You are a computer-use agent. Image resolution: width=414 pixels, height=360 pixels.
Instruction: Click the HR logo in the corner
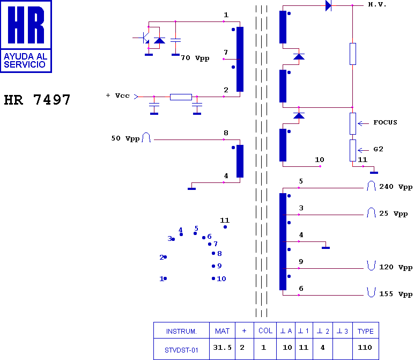pos(26,36)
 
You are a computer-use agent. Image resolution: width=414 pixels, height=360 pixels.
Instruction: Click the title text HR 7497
pos(37,100)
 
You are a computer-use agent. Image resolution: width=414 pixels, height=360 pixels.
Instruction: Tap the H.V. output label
pos(377,5)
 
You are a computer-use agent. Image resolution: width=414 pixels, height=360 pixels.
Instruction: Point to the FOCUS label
pos(385,123)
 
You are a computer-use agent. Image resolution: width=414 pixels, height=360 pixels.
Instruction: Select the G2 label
pos(378,149)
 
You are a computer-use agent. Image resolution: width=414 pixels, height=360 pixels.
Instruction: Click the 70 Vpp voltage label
pos(195,58)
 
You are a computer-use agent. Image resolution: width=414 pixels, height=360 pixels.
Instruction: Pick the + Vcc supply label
pos(118,95)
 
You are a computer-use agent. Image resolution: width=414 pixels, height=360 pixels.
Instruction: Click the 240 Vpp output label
pos(396,187)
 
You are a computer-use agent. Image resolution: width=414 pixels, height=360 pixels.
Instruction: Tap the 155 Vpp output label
pos(396,295)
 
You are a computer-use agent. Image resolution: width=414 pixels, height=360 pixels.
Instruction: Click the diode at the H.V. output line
pos(328,6)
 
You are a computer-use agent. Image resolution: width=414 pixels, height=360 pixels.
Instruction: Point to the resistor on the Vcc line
pos(181,97)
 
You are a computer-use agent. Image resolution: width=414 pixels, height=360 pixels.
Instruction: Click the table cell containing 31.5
pos(223,347)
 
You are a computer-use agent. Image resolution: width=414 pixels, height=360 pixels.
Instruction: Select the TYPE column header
pos(365,331)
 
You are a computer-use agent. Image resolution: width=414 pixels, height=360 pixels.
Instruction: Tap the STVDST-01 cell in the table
pos(181,349)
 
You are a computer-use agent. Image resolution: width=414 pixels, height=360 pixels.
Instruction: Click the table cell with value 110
pos(365,347)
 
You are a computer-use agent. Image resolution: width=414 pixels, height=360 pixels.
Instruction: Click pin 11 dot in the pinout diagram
pos(225,227)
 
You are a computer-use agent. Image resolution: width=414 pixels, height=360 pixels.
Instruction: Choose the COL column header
pos(265,331)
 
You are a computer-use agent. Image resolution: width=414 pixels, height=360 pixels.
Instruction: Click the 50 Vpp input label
pos(125,138)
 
